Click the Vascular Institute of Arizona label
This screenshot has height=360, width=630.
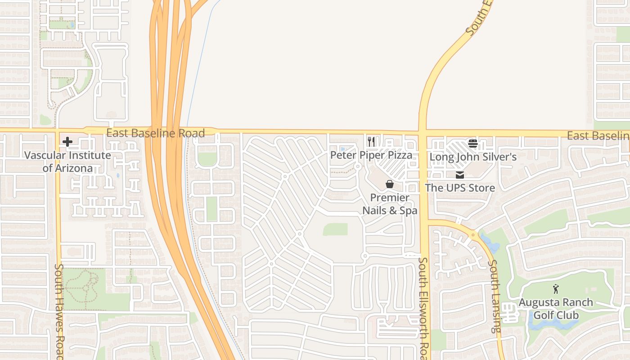[67, 162]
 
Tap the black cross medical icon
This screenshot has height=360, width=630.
[67, 142]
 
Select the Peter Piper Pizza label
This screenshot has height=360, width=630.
[371, 155]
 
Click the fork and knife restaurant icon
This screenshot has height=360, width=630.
[371, 142]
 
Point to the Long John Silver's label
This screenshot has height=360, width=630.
[472, 157]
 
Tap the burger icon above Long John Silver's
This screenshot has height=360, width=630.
[472, 144]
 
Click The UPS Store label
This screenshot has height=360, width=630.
[460, 188]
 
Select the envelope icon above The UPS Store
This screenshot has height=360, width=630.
[460, 175]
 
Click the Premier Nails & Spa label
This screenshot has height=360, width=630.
[390, 204]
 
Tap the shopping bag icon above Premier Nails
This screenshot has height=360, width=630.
[390, 184]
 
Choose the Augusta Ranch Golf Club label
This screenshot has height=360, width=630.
[556, 308]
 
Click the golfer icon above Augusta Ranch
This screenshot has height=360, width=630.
[556, 289]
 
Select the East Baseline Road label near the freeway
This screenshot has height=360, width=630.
[155, 133]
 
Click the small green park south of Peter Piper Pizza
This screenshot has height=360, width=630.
[335, 229]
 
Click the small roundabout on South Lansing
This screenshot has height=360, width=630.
[473, 234]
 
